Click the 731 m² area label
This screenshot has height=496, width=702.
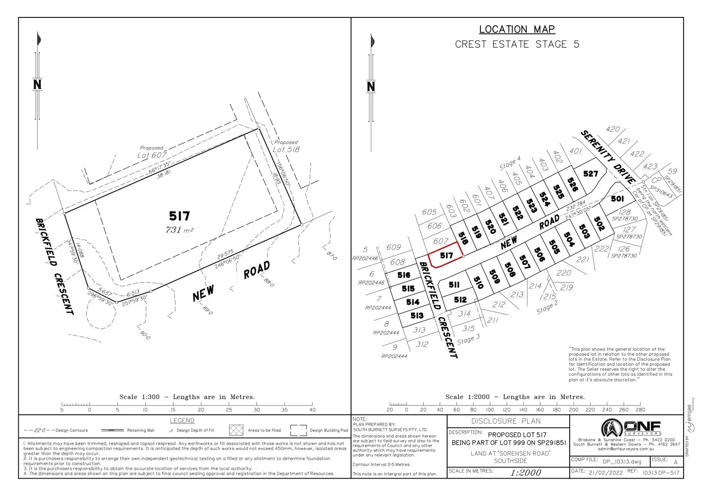[x=179, y=230]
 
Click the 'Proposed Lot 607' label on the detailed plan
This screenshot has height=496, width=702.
[x=152, y=152]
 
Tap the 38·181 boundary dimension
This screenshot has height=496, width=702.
[x=164, y=175]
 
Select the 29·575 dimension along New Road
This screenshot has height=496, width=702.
[x=225, y=254]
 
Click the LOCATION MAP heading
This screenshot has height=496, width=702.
[x=517, y=29]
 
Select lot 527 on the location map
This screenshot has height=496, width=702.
[x=590, y=173]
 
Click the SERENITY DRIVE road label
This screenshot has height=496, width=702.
[x=608, y=157]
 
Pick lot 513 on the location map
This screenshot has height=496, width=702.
[x=417, y=316]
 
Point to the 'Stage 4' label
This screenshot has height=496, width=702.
[x=510, y=163]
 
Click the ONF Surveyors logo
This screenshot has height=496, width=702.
[x=630, y=428]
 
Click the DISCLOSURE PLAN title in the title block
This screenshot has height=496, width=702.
[x=506, y=421]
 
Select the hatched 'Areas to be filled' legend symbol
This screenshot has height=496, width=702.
[x=236, y=430]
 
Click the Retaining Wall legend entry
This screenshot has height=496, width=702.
[x=129, y=430]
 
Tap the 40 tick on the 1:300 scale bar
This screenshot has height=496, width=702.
[x=312, y=410]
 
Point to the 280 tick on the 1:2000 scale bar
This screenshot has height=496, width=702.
[x=640, y=410]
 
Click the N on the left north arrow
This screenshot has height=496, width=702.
[x=37, y=85]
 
